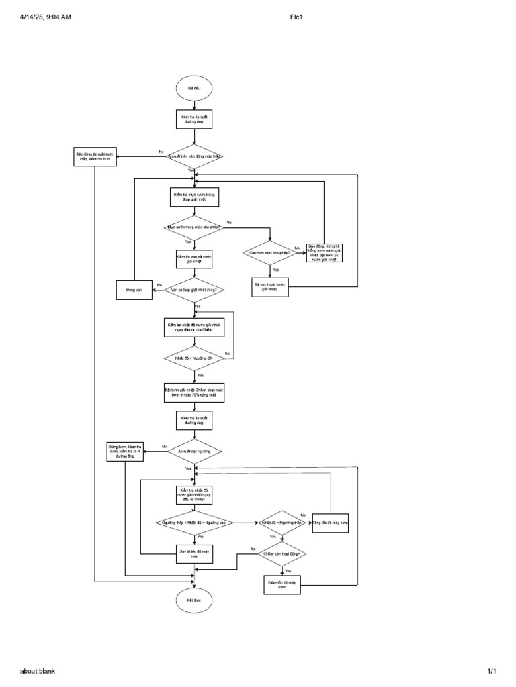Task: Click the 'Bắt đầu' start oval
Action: click(194, 89)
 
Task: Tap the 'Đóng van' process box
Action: click(134, 290)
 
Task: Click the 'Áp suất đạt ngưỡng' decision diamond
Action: click(194, 452)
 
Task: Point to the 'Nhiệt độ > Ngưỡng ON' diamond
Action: click(194, 358)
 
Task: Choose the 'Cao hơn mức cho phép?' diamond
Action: click(270, 252)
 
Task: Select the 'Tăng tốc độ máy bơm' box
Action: click(331, 523)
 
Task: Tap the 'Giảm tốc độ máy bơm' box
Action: click(282, 584)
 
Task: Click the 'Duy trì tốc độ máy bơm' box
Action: click(194, 553)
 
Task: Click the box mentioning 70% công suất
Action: click(194, 392)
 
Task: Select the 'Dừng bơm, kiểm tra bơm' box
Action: click(126, 452)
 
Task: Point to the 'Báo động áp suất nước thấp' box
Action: click(95, 157)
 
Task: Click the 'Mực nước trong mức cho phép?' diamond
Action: click(194, 227)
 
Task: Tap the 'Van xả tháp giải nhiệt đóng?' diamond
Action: click(194, 290)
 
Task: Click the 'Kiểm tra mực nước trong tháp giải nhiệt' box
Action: click(194, 196)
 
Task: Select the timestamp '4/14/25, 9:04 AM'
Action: click(46, 17)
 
